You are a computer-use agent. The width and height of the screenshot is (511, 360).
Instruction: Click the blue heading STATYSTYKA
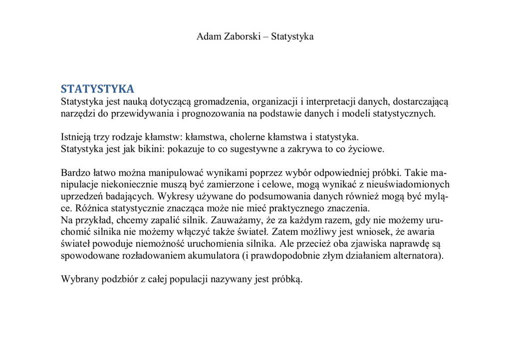point(97,89)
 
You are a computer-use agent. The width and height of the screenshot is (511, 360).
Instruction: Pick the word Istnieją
point(76,137)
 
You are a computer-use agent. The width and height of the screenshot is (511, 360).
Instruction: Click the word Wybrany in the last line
point(79,280)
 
